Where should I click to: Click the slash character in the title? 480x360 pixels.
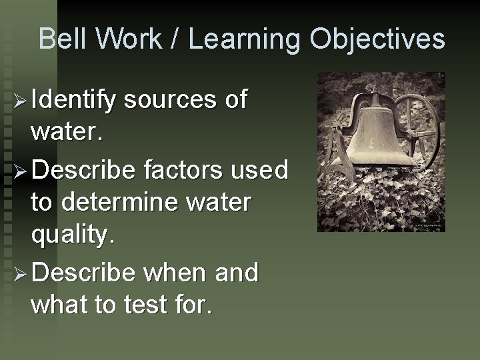[x=176, y=39]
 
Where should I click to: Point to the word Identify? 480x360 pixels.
[x=74, y=100]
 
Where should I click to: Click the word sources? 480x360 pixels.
[x=171, y=100]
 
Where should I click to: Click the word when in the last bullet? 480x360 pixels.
[x=171, y=272]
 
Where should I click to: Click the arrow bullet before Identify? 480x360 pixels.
[x=19, y=101]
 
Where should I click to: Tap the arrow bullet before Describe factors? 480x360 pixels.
[x=19, y=171]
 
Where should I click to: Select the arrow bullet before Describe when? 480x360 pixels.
[x=19, y=273]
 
